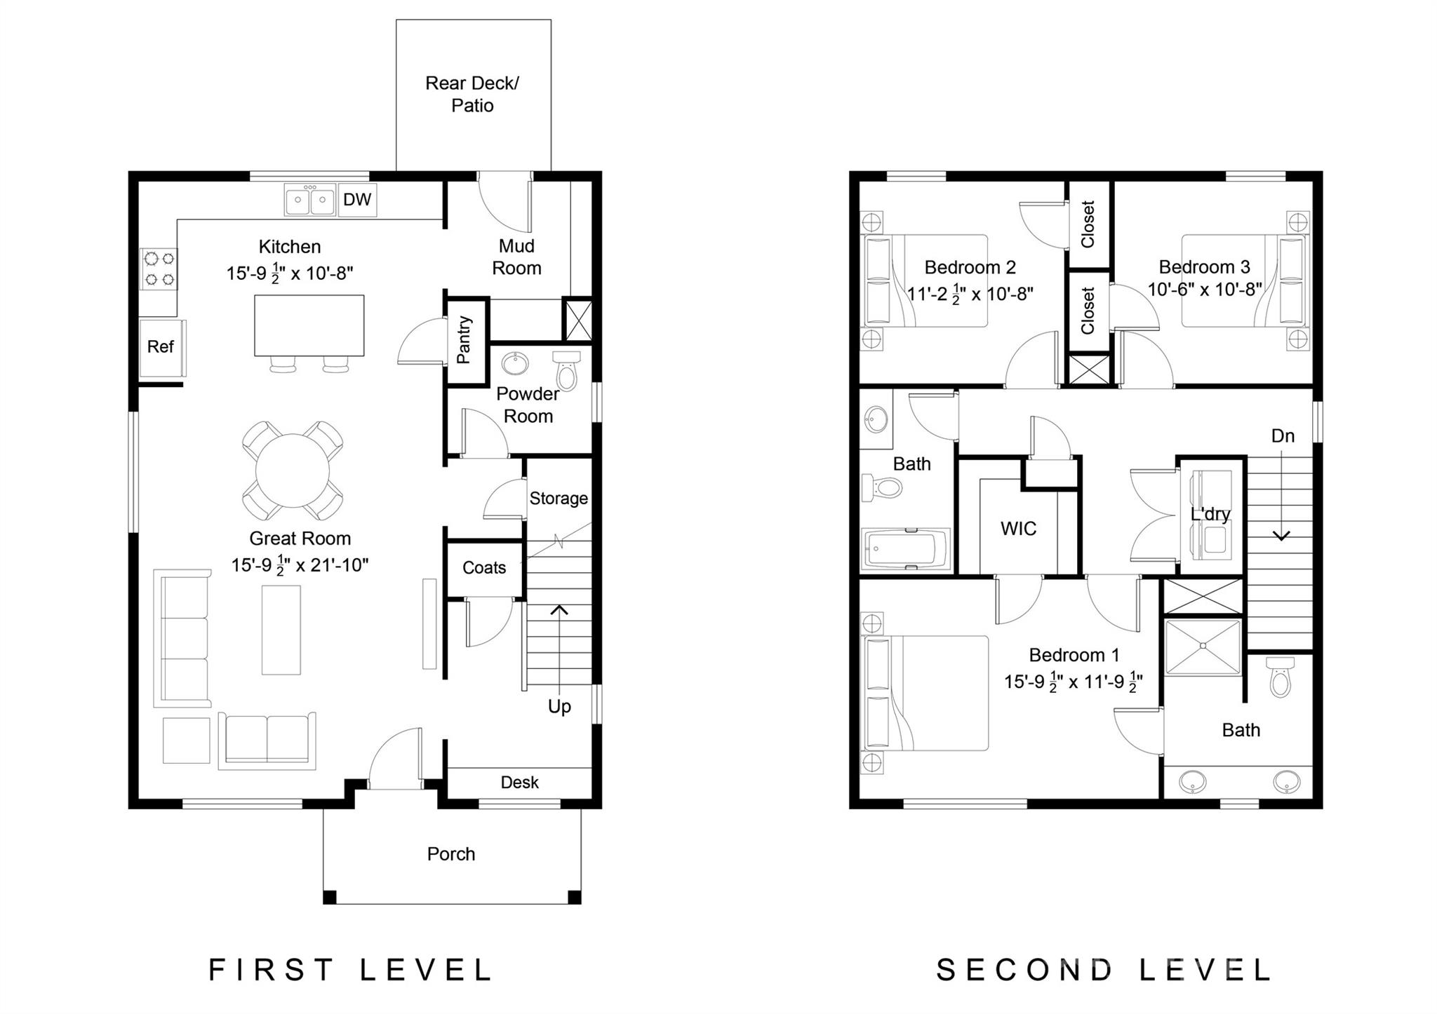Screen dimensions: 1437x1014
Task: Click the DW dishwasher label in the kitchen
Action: tap(357, 200)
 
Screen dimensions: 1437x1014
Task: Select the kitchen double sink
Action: tap(309, 200)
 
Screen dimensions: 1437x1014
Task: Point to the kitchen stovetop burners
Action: tap(159, 269)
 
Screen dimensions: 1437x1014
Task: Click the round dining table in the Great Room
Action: tap(293, 471)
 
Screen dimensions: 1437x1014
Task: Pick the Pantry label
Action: tap(464, 340)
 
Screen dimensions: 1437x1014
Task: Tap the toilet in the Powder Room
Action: tap(566, 370)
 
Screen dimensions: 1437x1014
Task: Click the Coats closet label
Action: tap(484, 567)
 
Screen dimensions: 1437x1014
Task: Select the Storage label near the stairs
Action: tap(559, 499)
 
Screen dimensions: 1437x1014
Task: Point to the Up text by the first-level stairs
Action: tap(559, 707)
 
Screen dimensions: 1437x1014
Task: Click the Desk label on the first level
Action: tap(520, 783)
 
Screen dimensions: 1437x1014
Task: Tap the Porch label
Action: tap(451, 854)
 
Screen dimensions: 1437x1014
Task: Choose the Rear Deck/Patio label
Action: tap(472, 95)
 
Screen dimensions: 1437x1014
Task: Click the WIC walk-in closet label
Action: tap(1018, 529)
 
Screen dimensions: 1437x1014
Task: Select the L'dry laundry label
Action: tap(1210, 514)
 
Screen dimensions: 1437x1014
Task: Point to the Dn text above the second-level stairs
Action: tap(1283, 436)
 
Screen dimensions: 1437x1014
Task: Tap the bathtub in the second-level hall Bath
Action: tap(906, 549)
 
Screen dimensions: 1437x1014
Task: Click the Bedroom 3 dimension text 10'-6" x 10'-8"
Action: tap(1205, 290)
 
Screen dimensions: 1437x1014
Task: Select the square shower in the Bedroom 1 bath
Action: tap(1203, 647)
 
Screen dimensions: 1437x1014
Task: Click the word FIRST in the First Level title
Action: tap(271, 971)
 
